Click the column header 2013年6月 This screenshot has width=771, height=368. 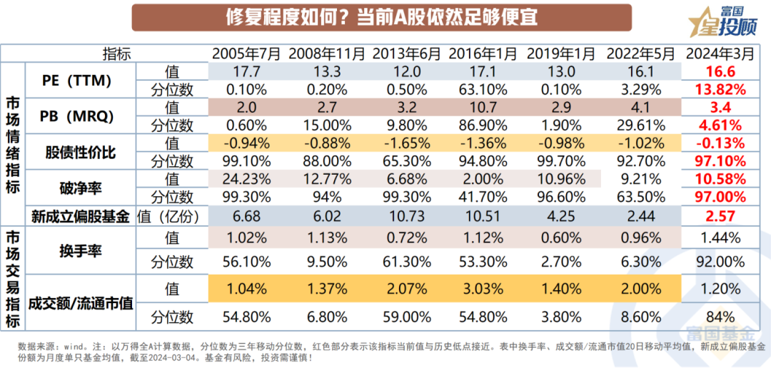coord(405,54)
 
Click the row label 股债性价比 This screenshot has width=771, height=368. coord(79,153)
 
